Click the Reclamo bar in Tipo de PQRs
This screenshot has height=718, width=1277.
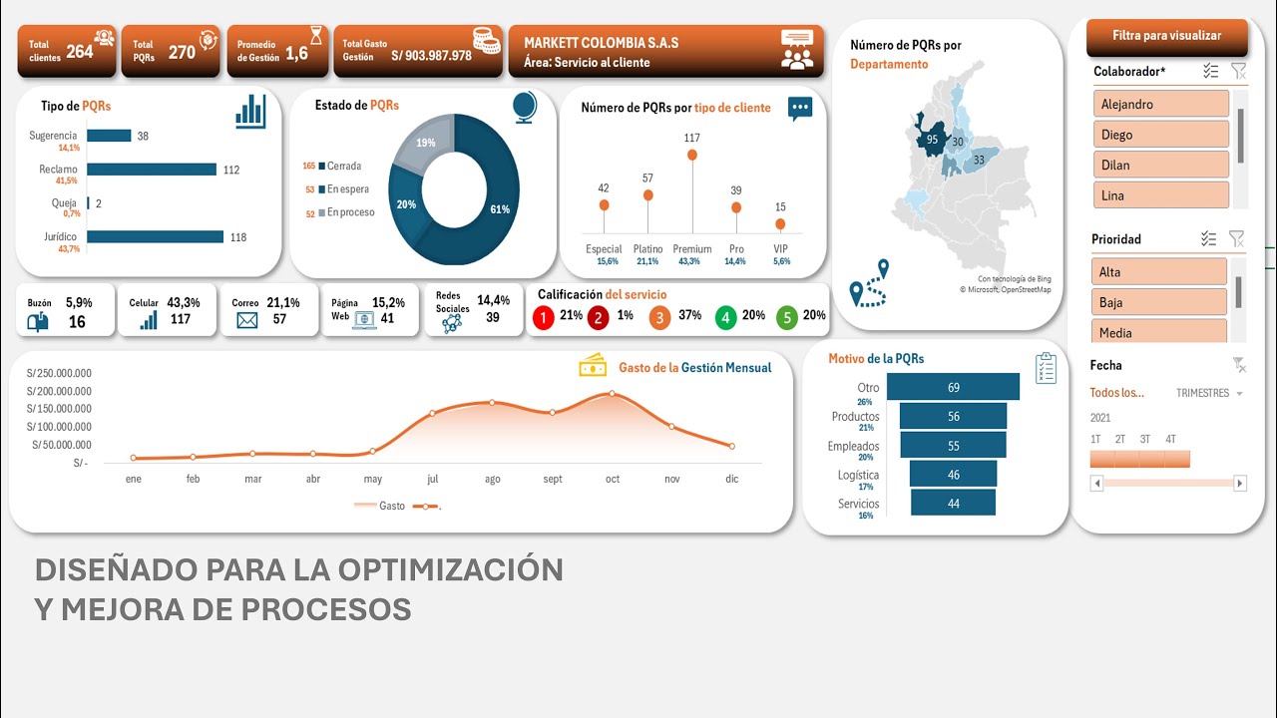[152, 170]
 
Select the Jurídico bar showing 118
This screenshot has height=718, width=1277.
[155, 236]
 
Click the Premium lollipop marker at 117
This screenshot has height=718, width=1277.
[692, 155]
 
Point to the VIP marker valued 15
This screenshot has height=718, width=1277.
[780, 224]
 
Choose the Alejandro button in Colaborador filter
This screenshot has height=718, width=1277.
[1160, 104]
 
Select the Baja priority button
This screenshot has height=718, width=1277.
[1159, 302]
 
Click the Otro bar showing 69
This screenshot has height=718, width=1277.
[953, 387]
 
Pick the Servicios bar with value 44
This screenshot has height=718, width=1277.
[953, 504]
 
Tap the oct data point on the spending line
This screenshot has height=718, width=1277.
[613, 393]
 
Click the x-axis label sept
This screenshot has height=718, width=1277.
[553, 480]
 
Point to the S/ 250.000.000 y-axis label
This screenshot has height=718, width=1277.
[59, 373]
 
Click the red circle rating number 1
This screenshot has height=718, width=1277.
[544, 318]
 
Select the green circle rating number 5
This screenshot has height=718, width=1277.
[787, 318]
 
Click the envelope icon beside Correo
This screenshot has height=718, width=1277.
[246, 320]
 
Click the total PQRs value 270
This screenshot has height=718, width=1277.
[182, 53]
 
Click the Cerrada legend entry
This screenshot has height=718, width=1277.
[340, 166]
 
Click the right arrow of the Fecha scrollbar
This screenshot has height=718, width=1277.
[1239, 484]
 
